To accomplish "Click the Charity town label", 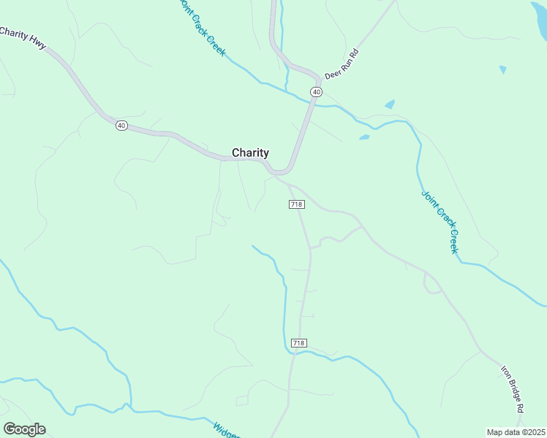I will click(x=250, y=153).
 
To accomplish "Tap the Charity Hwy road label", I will click(x=23, y=39).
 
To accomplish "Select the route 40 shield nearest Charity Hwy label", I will click(x=121, y=126).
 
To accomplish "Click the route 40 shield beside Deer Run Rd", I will click(x=316, y=91).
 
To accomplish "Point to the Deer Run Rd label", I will click(x=344, y=64).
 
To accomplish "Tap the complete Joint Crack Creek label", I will click(x=440, y=222).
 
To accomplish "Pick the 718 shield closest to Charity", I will click(x=296, y=204).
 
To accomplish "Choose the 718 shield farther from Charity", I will click(x=298, y=343).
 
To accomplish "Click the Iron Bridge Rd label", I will click(x=513, y=390).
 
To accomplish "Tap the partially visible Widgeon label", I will click(x=226, y=429).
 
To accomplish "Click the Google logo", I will click(x=24, y=429).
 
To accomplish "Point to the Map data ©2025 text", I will click(x=516, y=432).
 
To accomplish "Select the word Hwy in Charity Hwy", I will click(x=37, y=44).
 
